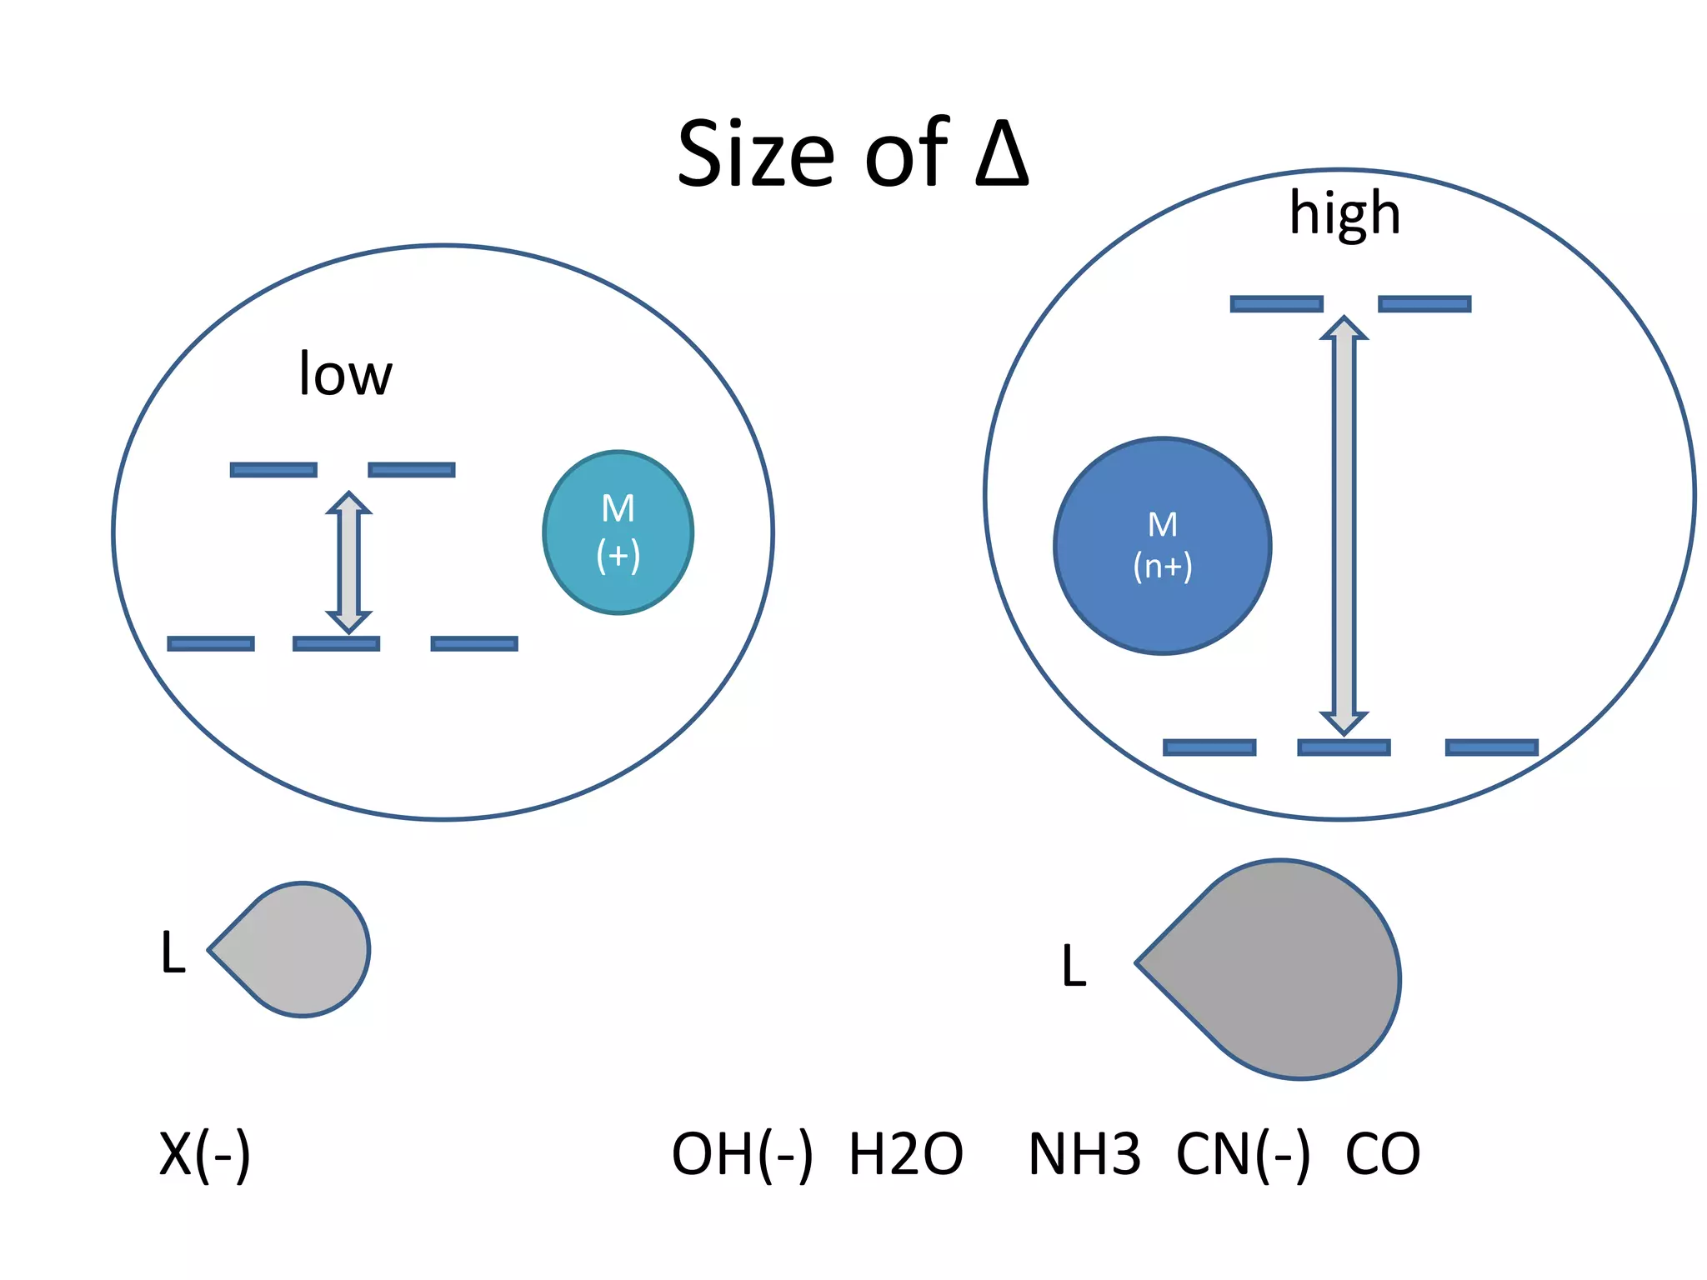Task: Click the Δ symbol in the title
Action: coord(1003,153)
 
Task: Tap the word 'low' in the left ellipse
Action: coord(345,374)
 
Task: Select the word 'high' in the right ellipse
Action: coord(1344,213)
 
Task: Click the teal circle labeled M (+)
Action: coord(618,532)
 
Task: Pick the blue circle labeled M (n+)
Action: coord(1162,546)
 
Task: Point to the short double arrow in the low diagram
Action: coord(348,562)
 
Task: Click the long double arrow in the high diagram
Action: coord(1344,525)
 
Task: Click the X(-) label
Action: coord(204,1154)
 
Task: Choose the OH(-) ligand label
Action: coord(742,1154)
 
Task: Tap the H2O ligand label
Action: coord(906,1154)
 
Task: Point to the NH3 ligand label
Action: coord(1084,1154)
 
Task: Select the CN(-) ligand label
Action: coord(1243,1154)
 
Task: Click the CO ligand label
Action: coord(1383,1154)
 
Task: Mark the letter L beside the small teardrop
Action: coord(173,952)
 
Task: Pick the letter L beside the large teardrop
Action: coord(1074,966)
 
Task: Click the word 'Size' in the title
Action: coord(755,154)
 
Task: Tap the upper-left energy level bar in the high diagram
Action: coord(1276,304)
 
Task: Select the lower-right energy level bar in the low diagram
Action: coord(474,643)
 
